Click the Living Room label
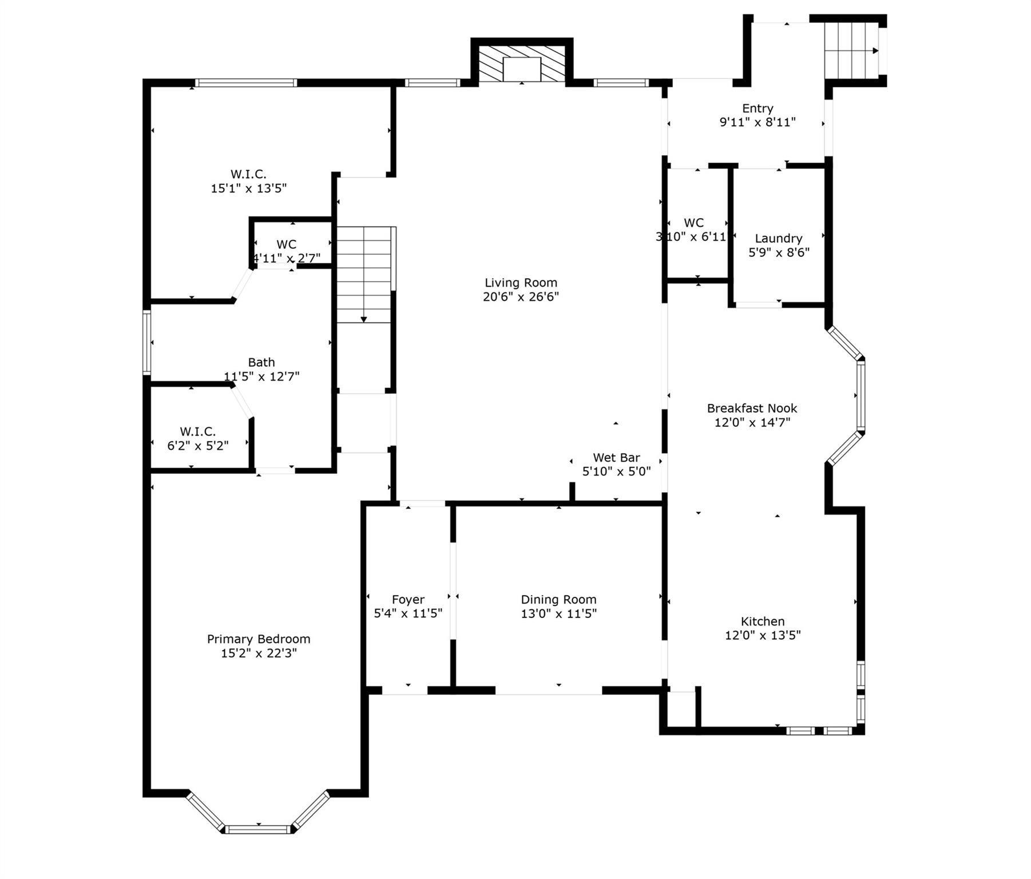pyautogui.click(x=521, y=283)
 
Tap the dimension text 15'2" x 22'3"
pyautogui.click(x=259, y=653)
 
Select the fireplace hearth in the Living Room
pyautogui.click(x=522, y=69)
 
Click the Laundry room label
pyautogui.click(x=778, y=238)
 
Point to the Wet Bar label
pyautogui.click(x=616, y=457)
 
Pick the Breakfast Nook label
pyautogui.click(x=752, y=408)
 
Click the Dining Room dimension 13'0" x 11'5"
pyautogui.click(x=558, y=613)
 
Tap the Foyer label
pyautogui.click(x=408, y=599)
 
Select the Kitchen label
pyautogui.click(x=762, y=621)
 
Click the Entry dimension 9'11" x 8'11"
pyautogui.click(x=758, y=122)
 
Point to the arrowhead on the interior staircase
pyautogui.click(x=364, y=319)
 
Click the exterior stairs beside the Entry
pyautogui.click(x=851, y=50)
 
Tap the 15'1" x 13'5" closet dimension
pyautogui.click(x=248, y=188)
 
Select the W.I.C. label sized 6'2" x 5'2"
pyautogui.click(x=197, y=431)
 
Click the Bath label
pyautogui.click(x=261, y=362)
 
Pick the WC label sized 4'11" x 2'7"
pyautogui.click(x=286, y=244)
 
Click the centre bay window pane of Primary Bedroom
pyautogui.click(x=258, y=829)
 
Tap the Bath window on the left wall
pyautogui.click(x=147, y=342)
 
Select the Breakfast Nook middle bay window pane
pyautogui.click(x=861, y=395)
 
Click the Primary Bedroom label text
pyautogui.click(x=259, y=639)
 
